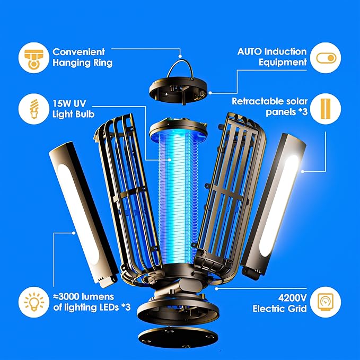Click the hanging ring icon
tap(33, 58)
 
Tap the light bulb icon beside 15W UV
tap(33, 109)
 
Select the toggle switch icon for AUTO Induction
tap(326, 58)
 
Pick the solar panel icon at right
tap(326, 109)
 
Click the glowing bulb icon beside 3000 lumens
tap(33, 302)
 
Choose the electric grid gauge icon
tap(326, 302)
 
